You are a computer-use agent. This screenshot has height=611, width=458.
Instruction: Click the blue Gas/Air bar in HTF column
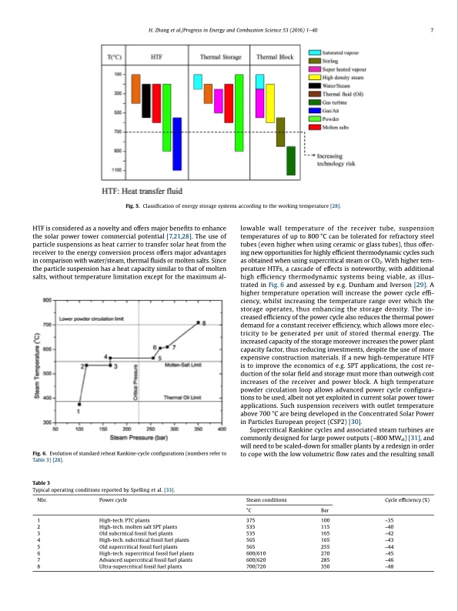click(x=177, y=143)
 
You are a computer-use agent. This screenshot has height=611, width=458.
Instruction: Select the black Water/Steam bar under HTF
click(x=146, y=95)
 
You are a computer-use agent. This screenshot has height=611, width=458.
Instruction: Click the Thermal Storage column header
click(x=221, y=58)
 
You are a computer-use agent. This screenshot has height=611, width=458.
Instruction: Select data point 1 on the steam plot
click(x=79, y=403)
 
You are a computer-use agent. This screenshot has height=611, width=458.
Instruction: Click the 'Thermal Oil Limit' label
click(x=183, y=397)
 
